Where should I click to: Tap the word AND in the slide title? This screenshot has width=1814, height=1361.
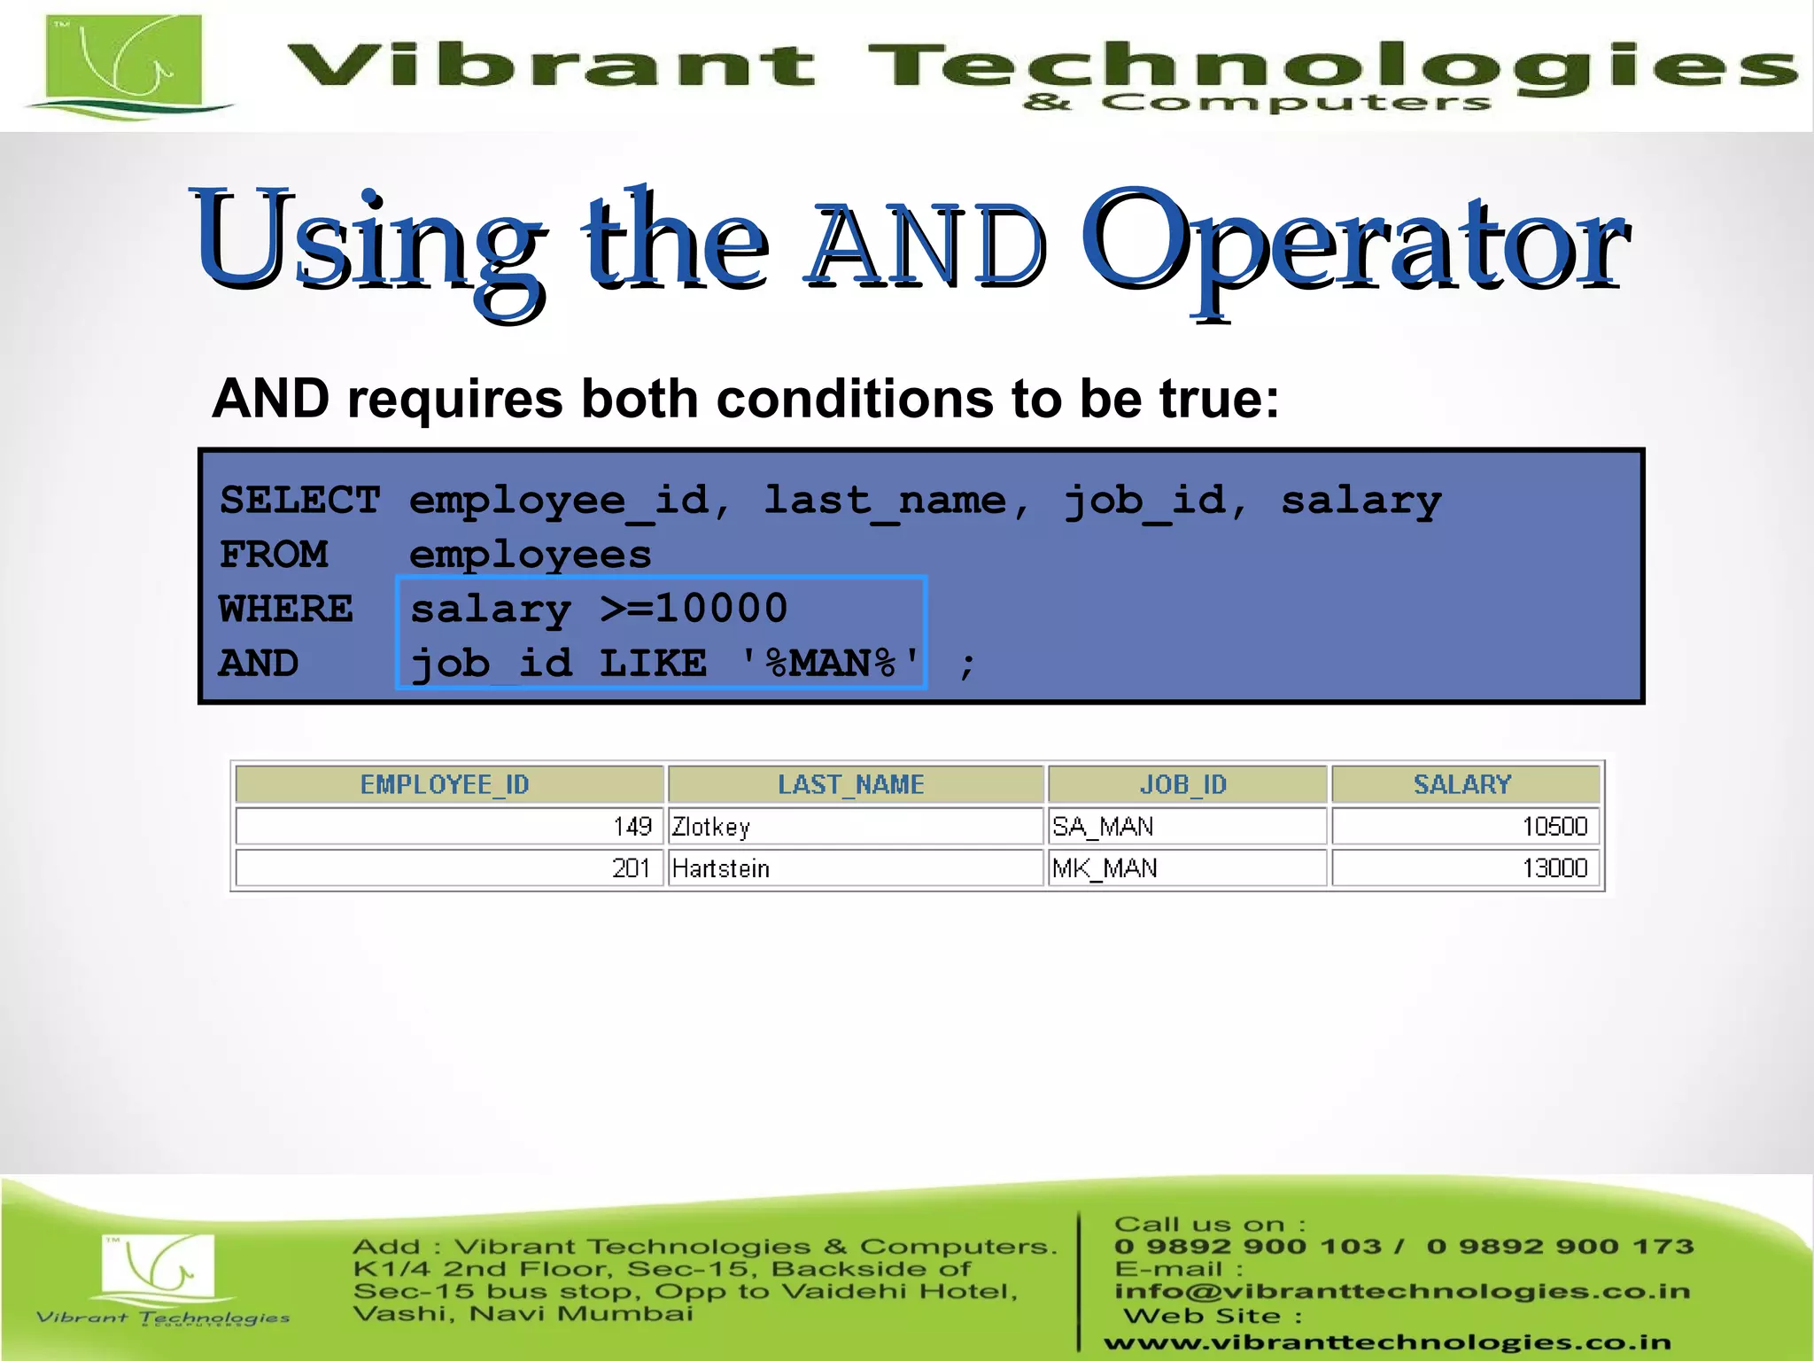click(926, 245)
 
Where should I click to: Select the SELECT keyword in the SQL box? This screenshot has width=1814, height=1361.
click(299, 501)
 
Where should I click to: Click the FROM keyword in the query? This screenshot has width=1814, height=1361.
click(274, 556)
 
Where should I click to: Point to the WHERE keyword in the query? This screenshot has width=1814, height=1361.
click(285, 610)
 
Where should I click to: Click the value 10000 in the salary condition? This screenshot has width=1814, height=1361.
click(721, 609)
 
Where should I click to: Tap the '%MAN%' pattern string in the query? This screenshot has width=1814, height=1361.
click(830, 664)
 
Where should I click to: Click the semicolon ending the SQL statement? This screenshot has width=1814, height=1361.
click(967, 665)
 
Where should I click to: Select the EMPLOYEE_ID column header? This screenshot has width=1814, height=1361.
click(445, 784)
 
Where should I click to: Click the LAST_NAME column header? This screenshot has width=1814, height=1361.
click(851, 784)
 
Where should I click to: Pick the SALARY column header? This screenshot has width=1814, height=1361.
click(1462, 784)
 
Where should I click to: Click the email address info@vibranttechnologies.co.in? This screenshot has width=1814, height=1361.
click(1402, 1291)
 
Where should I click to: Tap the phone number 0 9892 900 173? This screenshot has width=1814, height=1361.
click(1560, 1247)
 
